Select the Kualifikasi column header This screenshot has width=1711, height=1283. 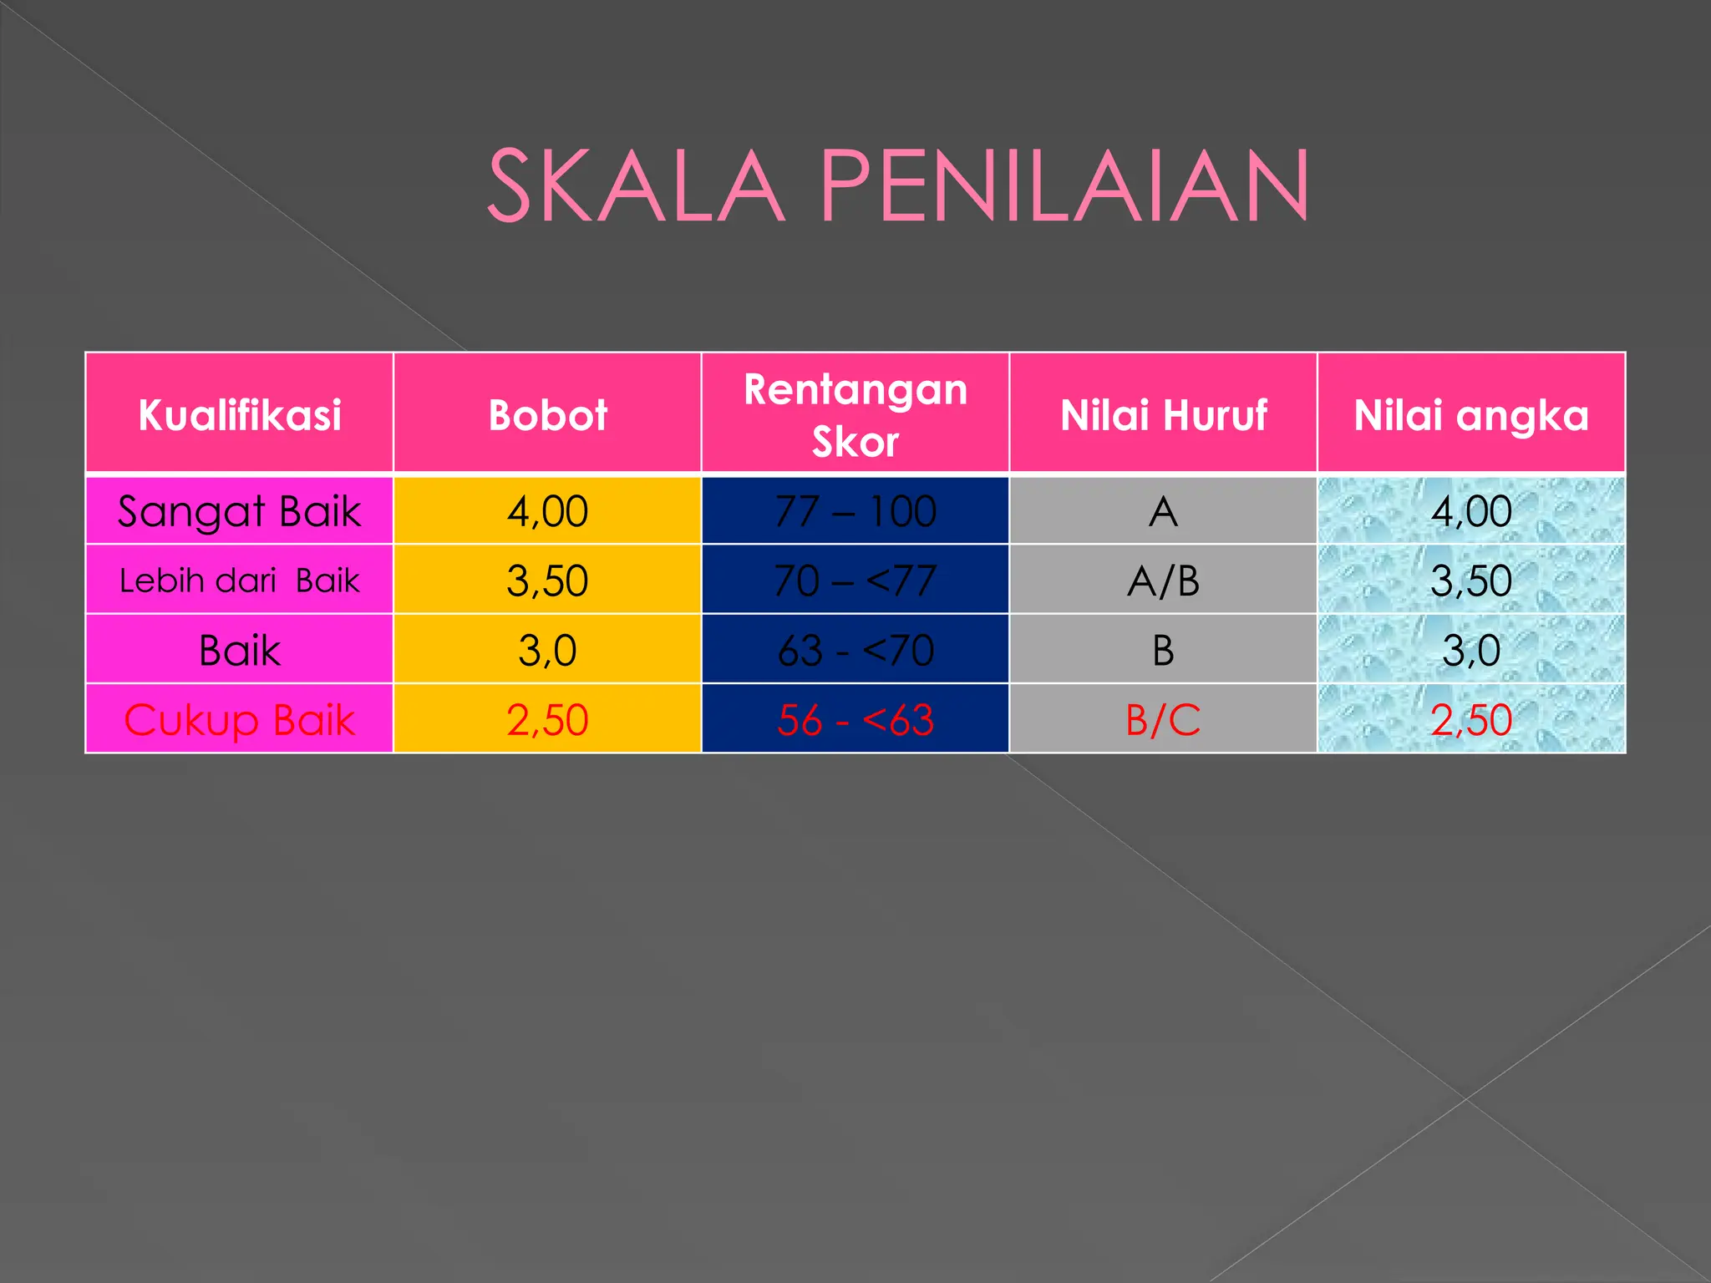[x=240, y=414]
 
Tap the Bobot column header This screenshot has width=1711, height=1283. [x=547, y=414]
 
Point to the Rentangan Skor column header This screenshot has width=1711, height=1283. [x=855, y=414]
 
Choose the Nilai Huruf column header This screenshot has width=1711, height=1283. [x=1163, y=414]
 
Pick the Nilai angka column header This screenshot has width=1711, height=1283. [x=1471, y=414]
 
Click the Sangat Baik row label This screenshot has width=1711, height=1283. [x=240, y=511]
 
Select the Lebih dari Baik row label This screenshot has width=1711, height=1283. [x=240, y=581]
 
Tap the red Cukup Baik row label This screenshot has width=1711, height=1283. [x=240, y=719]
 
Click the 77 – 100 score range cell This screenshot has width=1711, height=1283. [x=855, y=511]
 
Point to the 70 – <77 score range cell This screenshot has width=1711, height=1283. [x=855, y=581]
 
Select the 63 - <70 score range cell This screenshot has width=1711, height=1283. [x=855, y=650]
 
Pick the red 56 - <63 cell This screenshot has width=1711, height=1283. [x=855, y=719]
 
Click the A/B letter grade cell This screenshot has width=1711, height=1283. [x=1163, y=581]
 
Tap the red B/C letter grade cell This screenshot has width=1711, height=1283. [x=1163, y=719]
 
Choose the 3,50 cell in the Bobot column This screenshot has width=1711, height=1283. [x=547, y=581]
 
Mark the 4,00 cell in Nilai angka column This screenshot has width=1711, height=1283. [x=1471, y=511]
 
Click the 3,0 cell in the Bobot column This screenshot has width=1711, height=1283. [x=547, y=650]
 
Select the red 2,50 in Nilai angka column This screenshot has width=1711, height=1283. [x=1471, y=719]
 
